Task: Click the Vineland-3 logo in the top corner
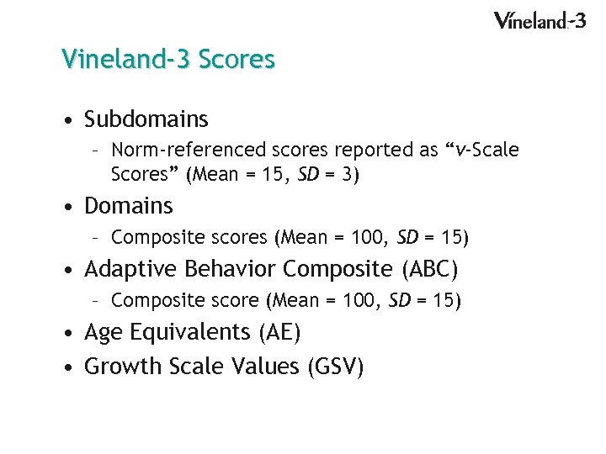540,20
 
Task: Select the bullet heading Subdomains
146,120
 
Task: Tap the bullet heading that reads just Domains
129,206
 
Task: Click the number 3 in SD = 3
348,175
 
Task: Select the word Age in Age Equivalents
104,333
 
